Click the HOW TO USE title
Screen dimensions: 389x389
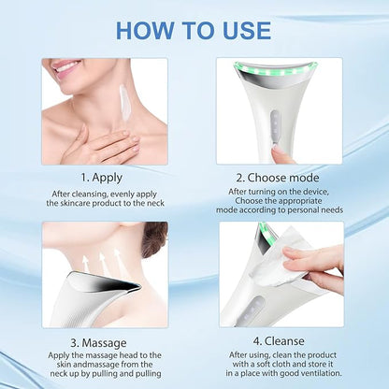click(194, 30)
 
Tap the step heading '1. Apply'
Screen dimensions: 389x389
click(102, 178)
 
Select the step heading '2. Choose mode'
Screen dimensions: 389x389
click(278, 178)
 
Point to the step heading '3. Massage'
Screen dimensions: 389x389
click(98, 343)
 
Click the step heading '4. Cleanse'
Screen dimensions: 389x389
click(279, 341)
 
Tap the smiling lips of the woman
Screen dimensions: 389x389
click(65, 66)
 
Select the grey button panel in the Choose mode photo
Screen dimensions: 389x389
click(276, 125)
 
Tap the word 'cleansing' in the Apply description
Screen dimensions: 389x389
click(90, 194)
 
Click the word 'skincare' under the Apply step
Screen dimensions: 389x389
click(75, 204)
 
